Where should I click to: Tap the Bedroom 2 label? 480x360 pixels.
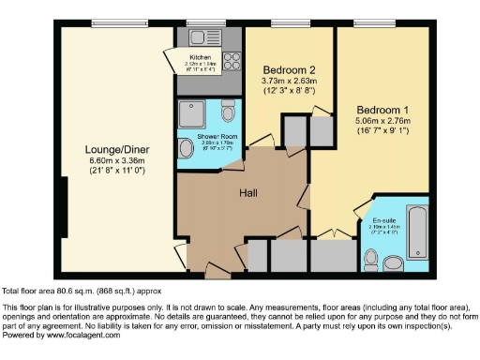[288, 70]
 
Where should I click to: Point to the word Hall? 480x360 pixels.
[247, 194]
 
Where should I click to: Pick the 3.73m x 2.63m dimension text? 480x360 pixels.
[288, 82]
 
